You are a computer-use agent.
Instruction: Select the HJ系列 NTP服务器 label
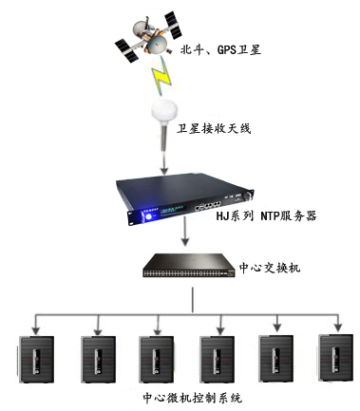(x=267, y=216)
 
